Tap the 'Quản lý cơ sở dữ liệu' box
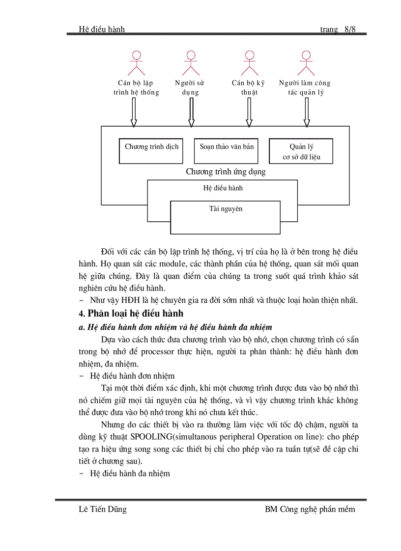coord(301,151)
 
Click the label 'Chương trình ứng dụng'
coord(226,172)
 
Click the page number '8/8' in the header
coord(350,29)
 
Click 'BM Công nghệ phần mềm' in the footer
coord(310,509)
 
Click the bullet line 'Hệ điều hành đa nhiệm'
coord(130,473)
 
